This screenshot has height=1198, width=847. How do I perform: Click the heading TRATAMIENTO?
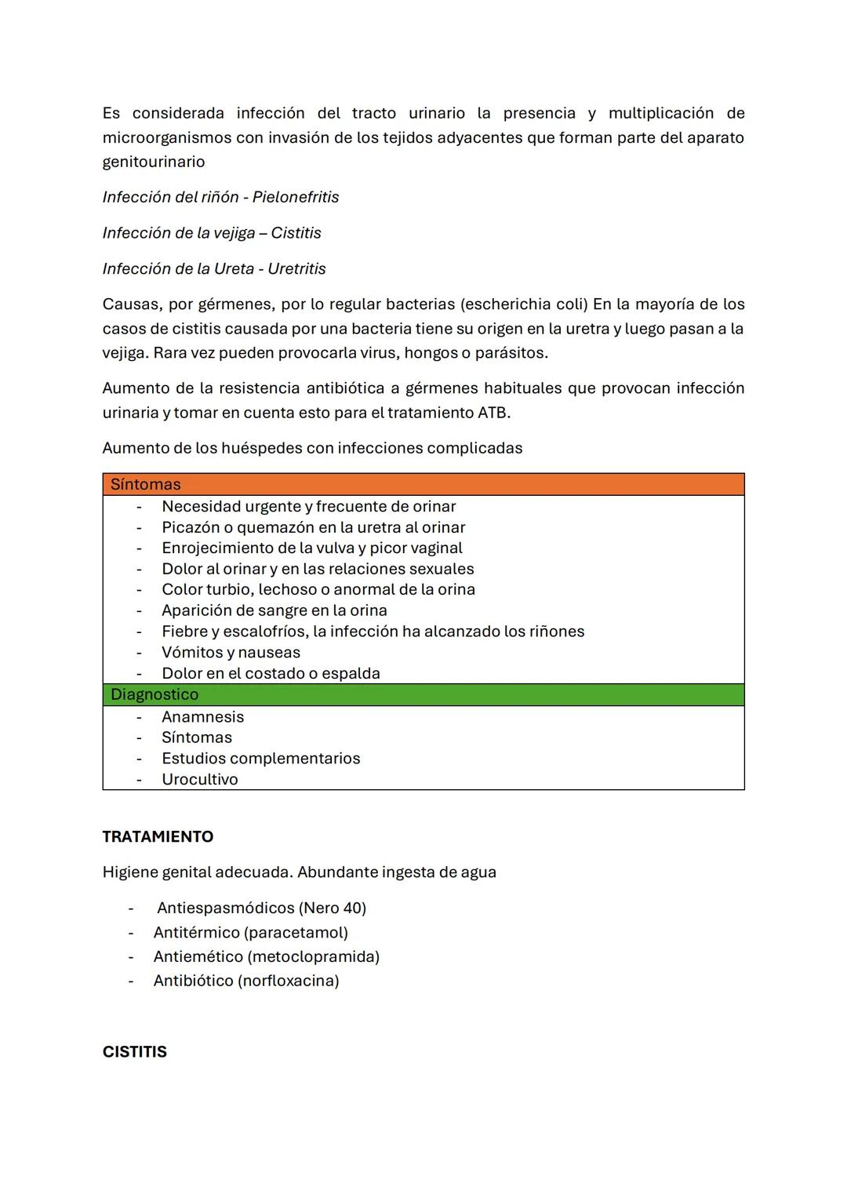pos(158,836)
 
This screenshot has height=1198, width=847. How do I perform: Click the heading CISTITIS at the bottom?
pos(134,1052)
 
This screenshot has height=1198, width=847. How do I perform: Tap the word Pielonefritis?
pos(296,197)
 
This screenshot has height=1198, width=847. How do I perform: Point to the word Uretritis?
pos(296,268)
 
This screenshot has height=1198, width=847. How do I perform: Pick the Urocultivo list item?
pos(199,779)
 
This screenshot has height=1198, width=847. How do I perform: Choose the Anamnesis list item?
pos(202,716)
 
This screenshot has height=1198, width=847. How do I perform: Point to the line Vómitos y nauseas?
pos(231,652)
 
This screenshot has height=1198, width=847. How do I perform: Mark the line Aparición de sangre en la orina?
pos(274,610)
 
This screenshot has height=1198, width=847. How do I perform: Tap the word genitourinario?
pos(154,162)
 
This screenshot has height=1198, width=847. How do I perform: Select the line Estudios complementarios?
pos(260,758)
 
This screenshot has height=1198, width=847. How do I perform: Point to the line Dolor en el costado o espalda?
pos(271,673)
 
